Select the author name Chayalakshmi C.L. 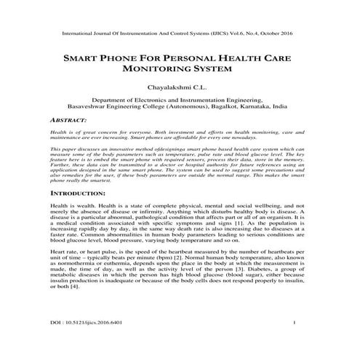179,87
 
